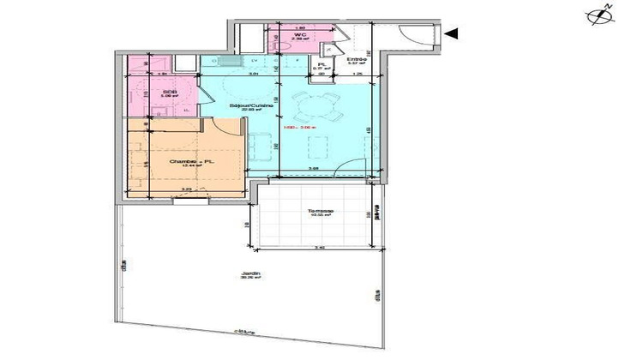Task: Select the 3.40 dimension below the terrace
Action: point(319,247)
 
